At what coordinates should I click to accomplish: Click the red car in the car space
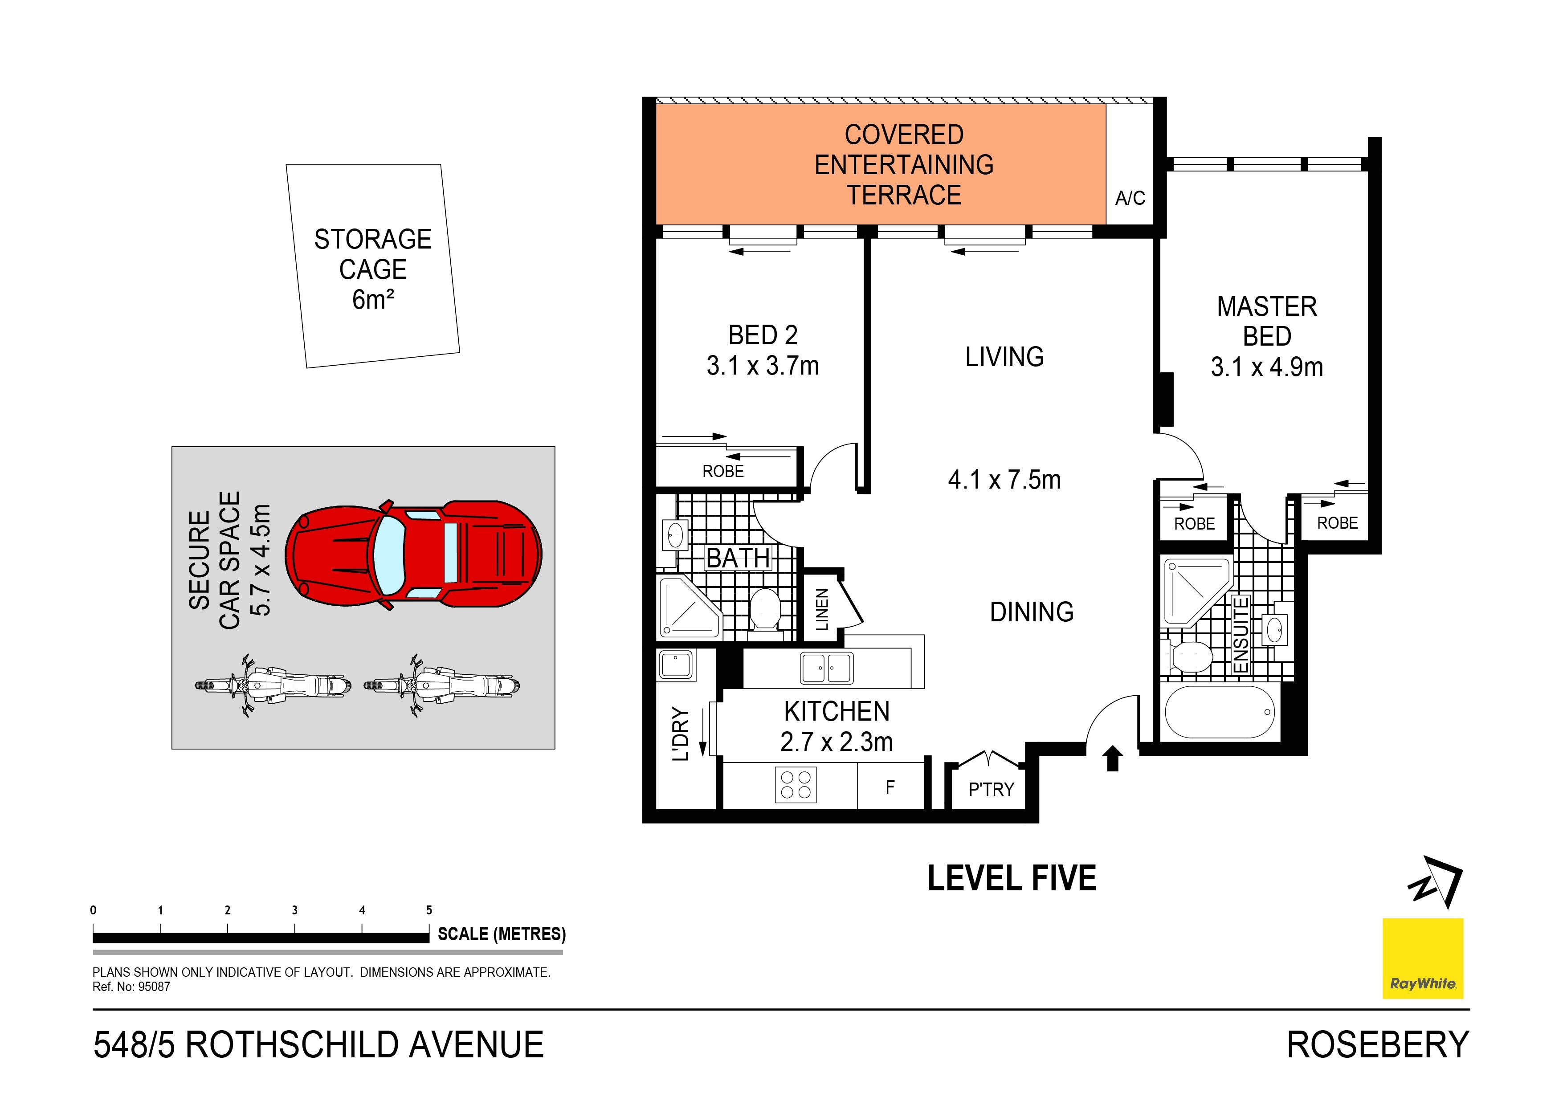point(413,555)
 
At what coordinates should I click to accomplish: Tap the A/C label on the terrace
point(1130,198)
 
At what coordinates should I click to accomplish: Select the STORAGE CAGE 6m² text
point(373,269)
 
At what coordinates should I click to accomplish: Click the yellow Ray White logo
point(1422,958)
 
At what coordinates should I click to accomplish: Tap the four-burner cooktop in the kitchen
point(796,785)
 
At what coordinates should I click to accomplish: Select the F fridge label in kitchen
point(890,787)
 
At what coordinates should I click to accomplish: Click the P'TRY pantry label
point(991,789)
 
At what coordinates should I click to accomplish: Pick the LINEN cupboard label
point(822,609)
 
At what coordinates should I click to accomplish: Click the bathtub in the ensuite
point(1219,712)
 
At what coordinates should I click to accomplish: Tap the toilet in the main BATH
point(764,610)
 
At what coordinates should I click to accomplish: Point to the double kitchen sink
point(826,668)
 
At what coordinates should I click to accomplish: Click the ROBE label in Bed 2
point(723,471)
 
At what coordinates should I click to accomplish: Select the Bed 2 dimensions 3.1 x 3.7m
point(763,366)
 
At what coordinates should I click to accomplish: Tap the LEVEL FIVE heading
point(1012,878)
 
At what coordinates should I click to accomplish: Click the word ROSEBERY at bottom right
point(1378,1045)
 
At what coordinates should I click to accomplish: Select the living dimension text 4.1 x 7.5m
point(1004,480)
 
